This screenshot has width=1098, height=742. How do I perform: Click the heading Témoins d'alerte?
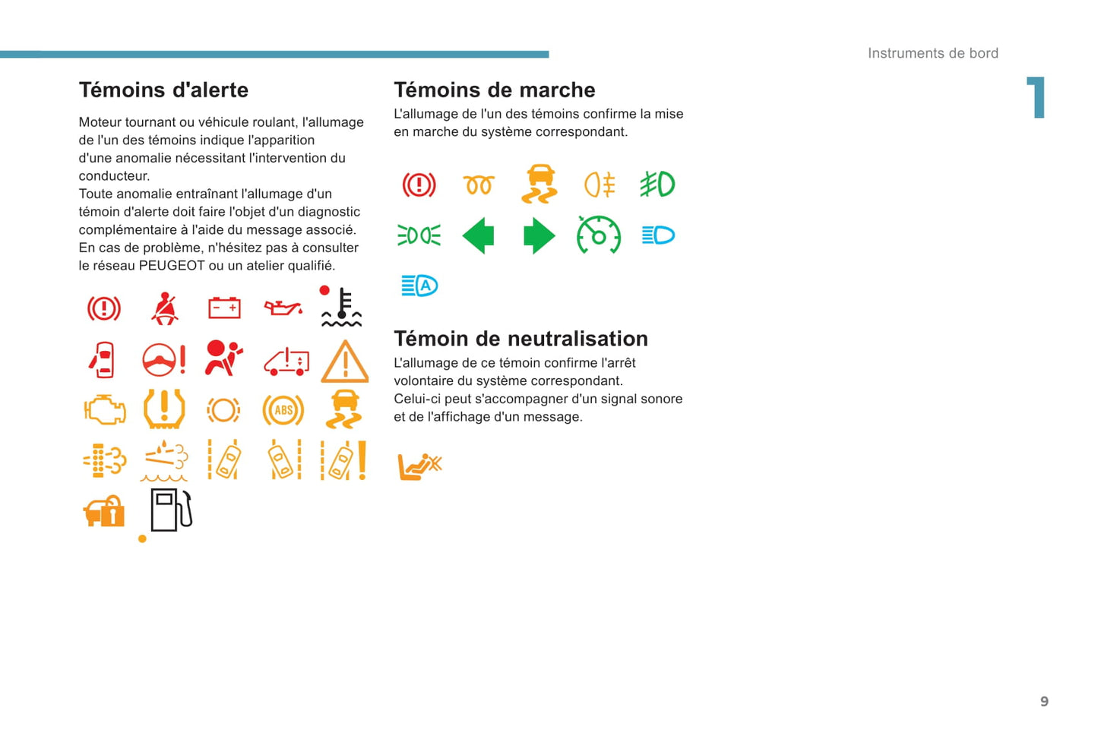tap(163, 90)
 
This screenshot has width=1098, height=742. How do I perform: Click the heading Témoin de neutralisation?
tap(521, 339)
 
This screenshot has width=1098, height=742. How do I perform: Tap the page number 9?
tap(1044, 702)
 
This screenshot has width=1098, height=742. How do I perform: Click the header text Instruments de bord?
tap(932, 53)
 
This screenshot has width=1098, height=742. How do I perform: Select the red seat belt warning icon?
tap(164, 308)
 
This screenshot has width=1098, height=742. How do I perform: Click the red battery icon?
tap(224, 308)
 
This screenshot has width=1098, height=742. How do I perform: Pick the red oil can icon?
tap(283, 308)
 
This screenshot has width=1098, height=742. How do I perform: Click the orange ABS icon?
tap(283, 410)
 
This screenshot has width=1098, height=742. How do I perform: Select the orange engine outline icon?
tap(104, 410)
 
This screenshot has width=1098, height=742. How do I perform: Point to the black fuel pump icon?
tap(171, 510)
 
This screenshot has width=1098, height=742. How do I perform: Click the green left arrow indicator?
tap(479, 235)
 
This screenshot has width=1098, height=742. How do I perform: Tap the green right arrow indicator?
tap(539, 235)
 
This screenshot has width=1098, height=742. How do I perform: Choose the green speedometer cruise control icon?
tap(599, 235)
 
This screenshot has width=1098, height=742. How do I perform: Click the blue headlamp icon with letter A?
tap(419, 286)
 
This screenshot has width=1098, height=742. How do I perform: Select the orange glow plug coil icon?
tap(479, 185)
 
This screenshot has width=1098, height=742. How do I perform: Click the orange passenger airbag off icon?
tap(419, 465)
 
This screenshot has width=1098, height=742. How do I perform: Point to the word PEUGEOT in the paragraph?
tap(172, 266)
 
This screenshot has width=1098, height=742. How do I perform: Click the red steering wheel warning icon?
tap(163, 360)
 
